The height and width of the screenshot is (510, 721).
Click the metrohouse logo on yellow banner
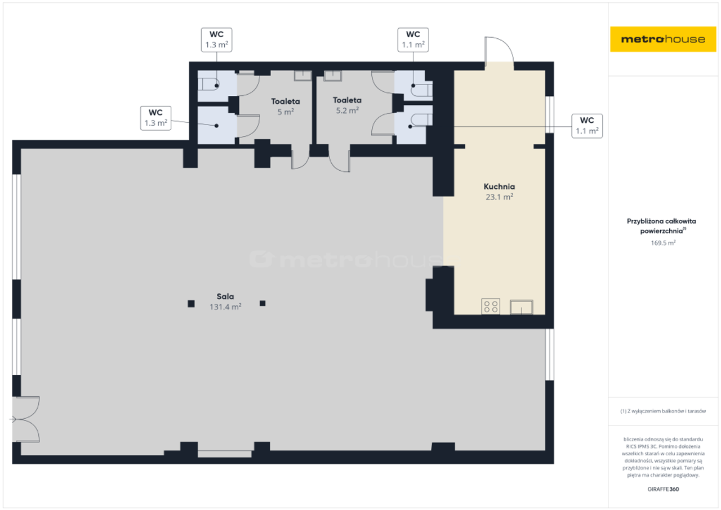pos(663,39)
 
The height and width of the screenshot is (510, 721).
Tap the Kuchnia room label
pos(499,187)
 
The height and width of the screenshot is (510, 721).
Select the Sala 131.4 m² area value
pos(225,307)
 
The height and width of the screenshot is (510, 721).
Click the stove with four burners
pos(491,306)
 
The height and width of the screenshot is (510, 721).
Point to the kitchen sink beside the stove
pos(522,307)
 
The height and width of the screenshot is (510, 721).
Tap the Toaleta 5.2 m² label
pos(347,105)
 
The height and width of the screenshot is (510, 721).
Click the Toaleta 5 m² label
pos(286,107)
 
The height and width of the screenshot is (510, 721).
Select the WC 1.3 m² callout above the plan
pos(217,40)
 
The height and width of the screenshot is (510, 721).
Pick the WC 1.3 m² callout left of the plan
pos(156,118)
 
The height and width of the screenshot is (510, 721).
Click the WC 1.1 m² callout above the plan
pos(413,40)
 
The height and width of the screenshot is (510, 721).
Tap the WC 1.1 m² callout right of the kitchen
pos(587,126)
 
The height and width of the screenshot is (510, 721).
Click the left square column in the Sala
pos(191,304)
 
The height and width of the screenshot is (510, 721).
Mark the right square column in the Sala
pos(262,303)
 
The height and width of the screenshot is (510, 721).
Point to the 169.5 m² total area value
pos(663,243)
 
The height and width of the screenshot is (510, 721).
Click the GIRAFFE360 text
pos(663,489)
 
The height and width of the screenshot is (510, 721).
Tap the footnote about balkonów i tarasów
pos(663,411)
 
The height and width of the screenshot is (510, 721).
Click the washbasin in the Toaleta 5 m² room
pos(303,76)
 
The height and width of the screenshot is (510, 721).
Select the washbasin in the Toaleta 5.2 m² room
pos(333,76)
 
